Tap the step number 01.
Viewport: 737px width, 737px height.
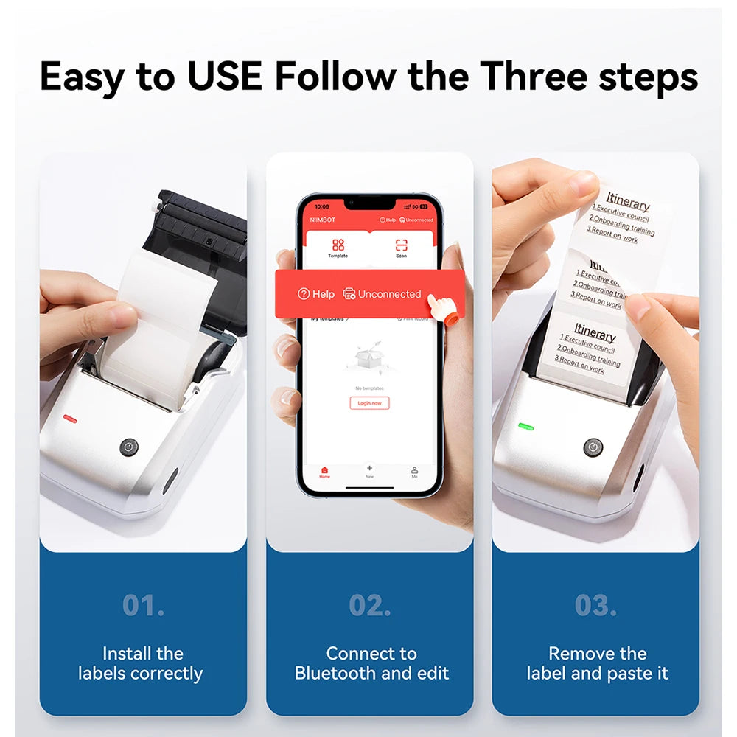coord(143,605)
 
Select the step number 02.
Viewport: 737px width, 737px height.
coord(370,605)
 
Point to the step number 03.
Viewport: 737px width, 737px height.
coord(596,605)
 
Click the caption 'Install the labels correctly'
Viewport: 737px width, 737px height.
coord(142,663)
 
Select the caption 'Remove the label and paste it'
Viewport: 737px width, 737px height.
coord(596,663)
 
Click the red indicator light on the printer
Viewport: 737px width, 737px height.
coord(70,419)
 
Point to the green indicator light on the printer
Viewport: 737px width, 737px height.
coord(525,426)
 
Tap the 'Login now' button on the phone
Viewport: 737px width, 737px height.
coord(369,403)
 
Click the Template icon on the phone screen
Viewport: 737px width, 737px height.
coord(338,248)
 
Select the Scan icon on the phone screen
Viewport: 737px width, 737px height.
coord(401,248)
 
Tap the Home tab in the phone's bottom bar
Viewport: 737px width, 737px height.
coord(325,472)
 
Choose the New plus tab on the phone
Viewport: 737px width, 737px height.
coord(369,470)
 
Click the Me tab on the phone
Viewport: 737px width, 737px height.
coord(414,472)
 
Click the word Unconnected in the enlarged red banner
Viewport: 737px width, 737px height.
coord(389,294)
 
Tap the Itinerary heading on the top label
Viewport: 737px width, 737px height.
coord(628,201)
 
